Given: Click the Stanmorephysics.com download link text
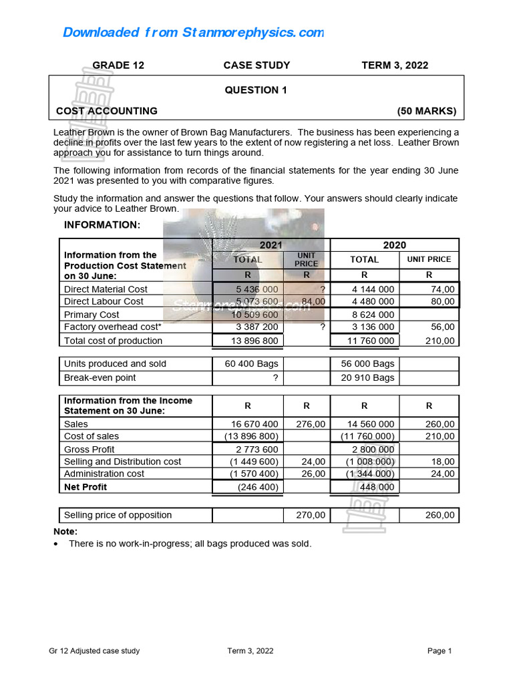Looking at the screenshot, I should pyautogui.click(x=193, y=33).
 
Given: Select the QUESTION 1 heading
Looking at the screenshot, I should pyautogui.click(x=256, y=90).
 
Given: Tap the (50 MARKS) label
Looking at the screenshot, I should pyautogui.click(x=426, y=111).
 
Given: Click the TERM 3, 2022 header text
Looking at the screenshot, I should pyautogui.click(x=395, y=65).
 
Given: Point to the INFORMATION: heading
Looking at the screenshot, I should pyautogui.click(x=102, y=225).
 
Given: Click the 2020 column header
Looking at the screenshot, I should pyautogui.click(x=394, y=245).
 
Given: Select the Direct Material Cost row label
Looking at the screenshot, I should pyautogui.click(x=106, y=289).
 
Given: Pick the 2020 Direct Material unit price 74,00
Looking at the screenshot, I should pyautogui.click(x=442, y=289).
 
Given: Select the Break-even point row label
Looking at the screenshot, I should pyautogui.click(x=100, y=378).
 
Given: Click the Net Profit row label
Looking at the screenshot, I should pyautogui.click(x=85, y=487).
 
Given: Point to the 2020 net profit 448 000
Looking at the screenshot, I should pyautogui.click(x=378, y=488).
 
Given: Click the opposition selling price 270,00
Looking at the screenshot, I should pyautogui.click(x=311, y=515).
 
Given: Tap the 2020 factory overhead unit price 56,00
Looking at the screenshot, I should pyautogui.click(x=442, y=327).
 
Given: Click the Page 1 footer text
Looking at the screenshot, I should pyautogui.click(x=440, y=651).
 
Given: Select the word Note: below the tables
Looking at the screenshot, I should pyautogui.click(x=65, y=532).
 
